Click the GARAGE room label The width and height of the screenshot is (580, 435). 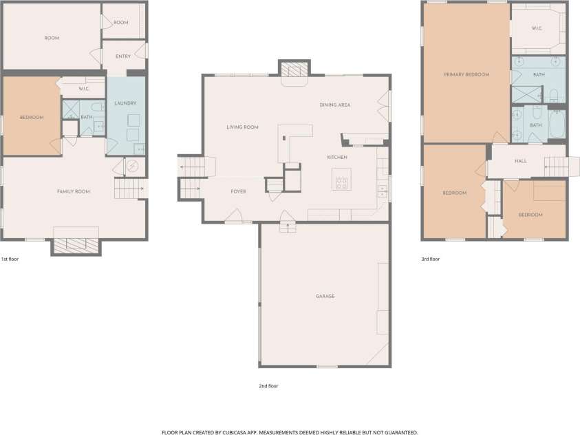tap(325, 296)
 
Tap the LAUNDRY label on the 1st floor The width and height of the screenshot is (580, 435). tap(125, 103)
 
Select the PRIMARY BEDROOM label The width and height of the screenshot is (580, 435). tap(466, 74)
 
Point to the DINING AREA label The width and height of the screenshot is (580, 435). tap(335, 105)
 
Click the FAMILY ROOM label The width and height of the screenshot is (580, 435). tap(73, 191)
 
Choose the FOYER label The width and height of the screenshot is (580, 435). tap(238, 191)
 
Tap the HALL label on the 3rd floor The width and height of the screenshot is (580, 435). tap(520, 161)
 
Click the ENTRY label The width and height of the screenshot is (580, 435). tap(123, 56)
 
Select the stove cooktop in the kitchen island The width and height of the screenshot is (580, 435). tap(342, 183)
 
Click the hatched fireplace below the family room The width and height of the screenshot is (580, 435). tap(76, 246)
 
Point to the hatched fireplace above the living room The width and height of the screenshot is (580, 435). tap(294, 69)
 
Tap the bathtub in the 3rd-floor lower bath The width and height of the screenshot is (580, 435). tap(557, 125)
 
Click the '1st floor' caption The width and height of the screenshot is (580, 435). tap(10, 259)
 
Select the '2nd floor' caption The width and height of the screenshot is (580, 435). tap(268, 386)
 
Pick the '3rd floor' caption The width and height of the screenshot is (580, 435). tap(431, 259)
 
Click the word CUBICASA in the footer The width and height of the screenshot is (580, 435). tap(234, 432)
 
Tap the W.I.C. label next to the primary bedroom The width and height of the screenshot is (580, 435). tap(537, 28)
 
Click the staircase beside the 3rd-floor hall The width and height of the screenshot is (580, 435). tap(557, 167)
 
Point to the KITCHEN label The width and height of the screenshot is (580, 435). tap(337, 157)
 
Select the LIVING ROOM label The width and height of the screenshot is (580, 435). tap(242, 127)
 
